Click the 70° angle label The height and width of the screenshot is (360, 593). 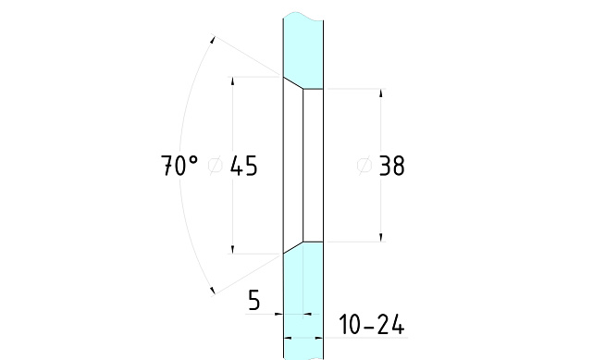click(179, 166)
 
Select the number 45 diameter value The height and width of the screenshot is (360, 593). click(244, 166)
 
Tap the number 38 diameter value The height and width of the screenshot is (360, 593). click(391, 166)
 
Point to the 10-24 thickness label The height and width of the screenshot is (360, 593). click(372, 325)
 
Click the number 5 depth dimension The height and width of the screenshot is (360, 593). click(254, 300)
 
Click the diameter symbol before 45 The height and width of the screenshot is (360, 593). click(216, 166)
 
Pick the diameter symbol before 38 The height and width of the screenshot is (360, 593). click(364, 166)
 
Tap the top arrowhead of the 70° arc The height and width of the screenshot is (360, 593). click(212, 39)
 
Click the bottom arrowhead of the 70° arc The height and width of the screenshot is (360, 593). click(213, 291)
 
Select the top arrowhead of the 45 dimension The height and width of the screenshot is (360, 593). click(232, 81)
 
